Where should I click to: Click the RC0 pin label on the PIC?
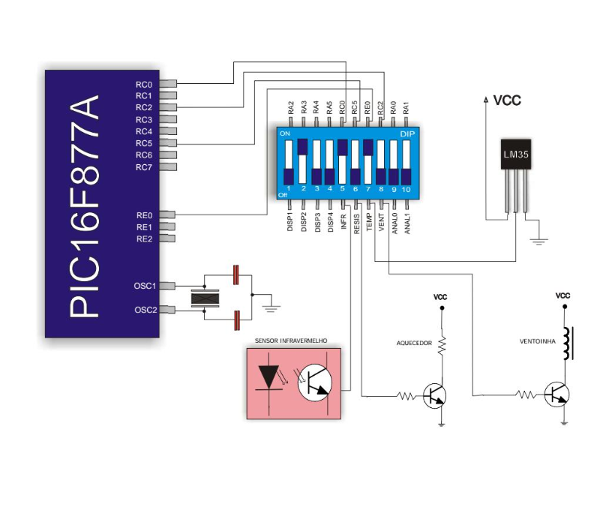(144, 84)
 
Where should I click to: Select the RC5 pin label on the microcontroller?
(144, 142)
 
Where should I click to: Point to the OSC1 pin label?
(145, 286)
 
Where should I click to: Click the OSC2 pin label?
(145, 310)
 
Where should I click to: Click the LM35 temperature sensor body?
(517, 154)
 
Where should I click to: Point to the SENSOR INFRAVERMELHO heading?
(292, 340)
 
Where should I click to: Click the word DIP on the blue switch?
(407, 133)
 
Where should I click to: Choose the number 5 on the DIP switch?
(342, 189)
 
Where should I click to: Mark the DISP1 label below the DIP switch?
(290, 223)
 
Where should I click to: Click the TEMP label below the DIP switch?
(369, 223)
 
